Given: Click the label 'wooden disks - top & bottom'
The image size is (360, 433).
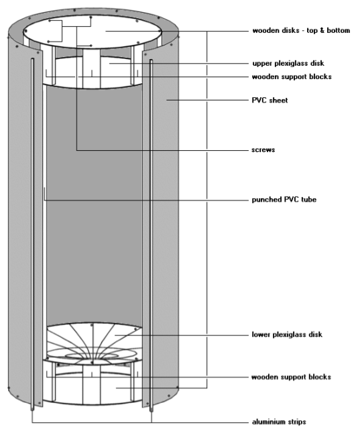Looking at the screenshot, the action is click(x=301, y=30).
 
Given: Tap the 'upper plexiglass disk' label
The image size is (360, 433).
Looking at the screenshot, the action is click(x=288, y=63).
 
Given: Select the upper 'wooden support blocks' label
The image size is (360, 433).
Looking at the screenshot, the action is click(x=292, y=76).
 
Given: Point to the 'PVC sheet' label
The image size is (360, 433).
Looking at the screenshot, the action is click(x=269, y=100).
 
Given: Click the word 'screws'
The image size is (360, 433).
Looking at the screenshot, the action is click(x=263, y=149).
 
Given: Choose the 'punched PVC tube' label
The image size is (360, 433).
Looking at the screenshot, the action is click(x=284, y=199).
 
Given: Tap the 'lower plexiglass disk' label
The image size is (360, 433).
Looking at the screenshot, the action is click(x=287, y=334).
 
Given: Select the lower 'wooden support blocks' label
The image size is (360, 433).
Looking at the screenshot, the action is click(x=291, y=377).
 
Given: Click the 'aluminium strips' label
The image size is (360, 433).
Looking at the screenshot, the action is click(x=279, y=422).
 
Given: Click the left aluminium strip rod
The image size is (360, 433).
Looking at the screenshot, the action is click(x=32, y=235).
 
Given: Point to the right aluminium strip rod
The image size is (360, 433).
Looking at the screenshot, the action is click(x=151, y=235).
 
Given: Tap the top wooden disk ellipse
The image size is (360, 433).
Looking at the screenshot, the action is click(x=93, y=31).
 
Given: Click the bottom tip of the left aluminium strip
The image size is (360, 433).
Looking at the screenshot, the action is click(x=32, y=411).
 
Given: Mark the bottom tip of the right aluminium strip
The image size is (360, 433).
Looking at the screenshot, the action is click(x=151, y=412).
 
